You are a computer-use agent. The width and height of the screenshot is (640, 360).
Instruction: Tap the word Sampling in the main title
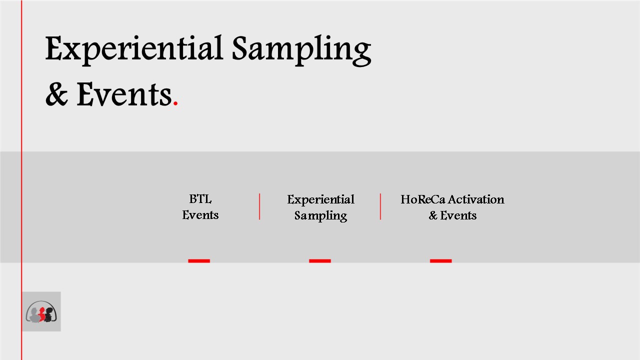[301, 50]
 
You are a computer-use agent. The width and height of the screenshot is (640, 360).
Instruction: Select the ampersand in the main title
[56, 94]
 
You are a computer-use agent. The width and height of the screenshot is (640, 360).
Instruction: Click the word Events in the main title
[124, 94]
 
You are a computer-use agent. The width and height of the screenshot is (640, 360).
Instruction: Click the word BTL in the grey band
[200, 199]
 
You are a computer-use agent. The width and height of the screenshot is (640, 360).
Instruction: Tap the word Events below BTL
[200, 215]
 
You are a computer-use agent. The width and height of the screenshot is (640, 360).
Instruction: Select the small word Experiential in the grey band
[320, 199]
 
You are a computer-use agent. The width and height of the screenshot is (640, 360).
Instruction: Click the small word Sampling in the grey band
[320, 215]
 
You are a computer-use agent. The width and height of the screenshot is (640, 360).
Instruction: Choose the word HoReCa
[423, 199]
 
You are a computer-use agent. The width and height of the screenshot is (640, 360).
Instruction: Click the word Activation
[476, 199]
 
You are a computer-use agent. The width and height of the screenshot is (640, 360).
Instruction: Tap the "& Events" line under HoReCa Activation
[452, 215]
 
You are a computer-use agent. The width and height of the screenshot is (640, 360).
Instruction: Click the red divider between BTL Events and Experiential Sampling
[259, 206]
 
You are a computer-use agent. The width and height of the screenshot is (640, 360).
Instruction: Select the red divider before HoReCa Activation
[380, 206]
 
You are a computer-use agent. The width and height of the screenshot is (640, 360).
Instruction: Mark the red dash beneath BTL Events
[199, 261]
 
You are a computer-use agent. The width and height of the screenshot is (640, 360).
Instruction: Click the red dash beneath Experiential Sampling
[320, 261]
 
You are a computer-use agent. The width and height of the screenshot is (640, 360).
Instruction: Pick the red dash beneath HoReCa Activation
[441, 261]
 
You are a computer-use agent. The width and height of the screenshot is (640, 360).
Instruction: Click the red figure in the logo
[42, 314]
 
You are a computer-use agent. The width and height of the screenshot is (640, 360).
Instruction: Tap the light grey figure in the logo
[34, 315]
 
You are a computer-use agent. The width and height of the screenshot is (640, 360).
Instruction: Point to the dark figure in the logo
[49, 314]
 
